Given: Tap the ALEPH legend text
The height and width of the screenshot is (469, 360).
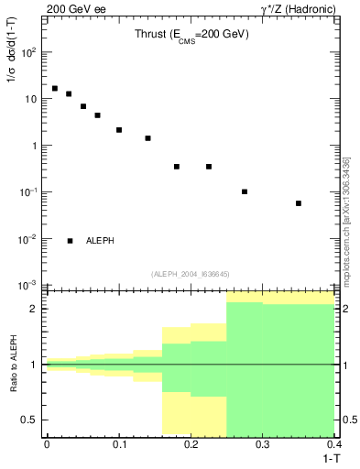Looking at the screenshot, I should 101,241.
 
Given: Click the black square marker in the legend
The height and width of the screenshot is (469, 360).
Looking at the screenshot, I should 71,241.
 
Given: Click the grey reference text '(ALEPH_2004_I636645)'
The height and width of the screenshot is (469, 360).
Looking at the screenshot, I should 191,273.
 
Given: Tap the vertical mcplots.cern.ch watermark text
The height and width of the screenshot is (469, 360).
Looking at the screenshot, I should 346,220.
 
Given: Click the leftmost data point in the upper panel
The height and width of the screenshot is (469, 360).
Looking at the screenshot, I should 55,89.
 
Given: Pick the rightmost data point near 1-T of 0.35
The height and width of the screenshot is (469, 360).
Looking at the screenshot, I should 299,203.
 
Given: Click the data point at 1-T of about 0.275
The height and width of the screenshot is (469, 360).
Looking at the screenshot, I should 245,191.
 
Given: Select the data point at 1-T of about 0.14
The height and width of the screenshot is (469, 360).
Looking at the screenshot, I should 147,138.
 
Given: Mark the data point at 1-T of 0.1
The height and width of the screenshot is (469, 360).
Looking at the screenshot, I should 119,130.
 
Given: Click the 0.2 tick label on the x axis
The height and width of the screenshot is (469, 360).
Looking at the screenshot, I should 191,444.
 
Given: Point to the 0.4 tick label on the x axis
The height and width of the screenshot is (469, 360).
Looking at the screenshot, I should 333,444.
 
